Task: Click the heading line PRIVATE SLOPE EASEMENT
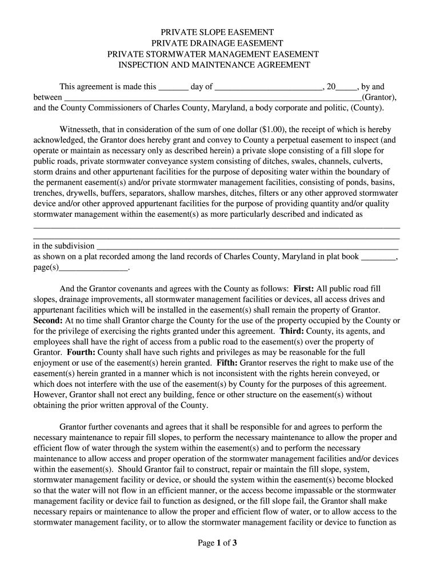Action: tap(217, 33)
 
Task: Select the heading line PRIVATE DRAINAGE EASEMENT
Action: tap(217, 43)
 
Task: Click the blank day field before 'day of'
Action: tap(173, 88)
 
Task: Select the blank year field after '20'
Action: tap(346, 88)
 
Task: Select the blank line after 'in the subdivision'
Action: tap(247, 247)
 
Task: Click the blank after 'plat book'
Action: tap(378, 257)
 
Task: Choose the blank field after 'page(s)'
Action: tap(94, 268)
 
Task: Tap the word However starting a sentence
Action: tap(50, 395)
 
